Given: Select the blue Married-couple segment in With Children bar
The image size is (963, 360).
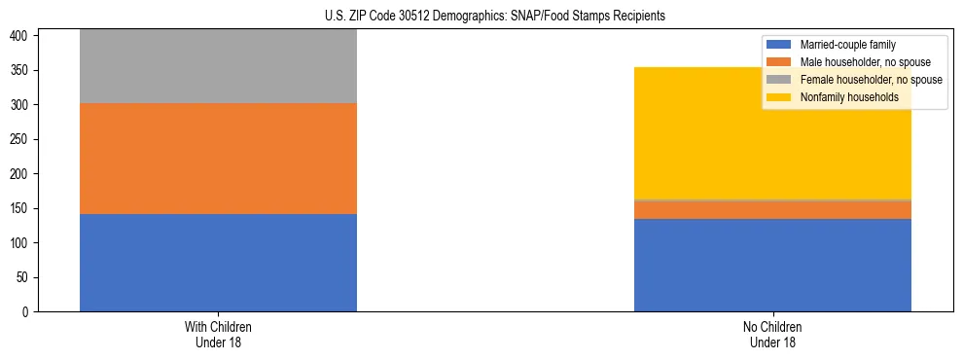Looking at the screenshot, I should coord(218,263).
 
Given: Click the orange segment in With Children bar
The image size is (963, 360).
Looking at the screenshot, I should coord(218,159).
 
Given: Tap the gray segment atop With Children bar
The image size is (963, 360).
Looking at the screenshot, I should coord(218,66).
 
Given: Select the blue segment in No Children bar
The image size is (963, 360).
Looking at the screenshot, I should coord(772,265).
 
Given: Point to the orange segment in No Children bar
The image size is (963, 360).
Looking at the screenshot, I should coord(772,209).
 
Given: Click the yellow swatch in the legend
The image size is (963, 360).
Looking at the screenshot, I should coord(779,97).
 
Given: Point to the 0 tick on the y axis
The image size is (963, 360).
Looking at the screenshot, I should coord(28,312).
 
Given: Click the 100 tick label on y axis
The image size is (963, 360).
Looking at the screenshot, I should coord(21,243).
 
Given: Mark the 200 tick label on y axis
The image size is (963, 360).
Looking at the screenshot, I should coord(21,174).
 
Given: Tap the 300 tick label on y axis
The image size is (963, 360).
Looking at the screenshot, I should coord(21,105).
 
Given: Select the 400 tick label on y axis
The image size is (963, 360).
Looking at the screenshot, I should coord(21,36).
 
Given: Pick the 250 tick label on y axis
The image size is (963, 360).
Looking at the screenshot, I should coord(21,140).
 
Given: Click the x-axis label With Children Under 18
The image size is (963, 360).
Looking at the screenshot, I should coord(218,334).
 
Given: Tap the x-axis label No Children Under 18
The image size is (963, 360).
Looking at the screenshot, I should coord(772,334).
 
